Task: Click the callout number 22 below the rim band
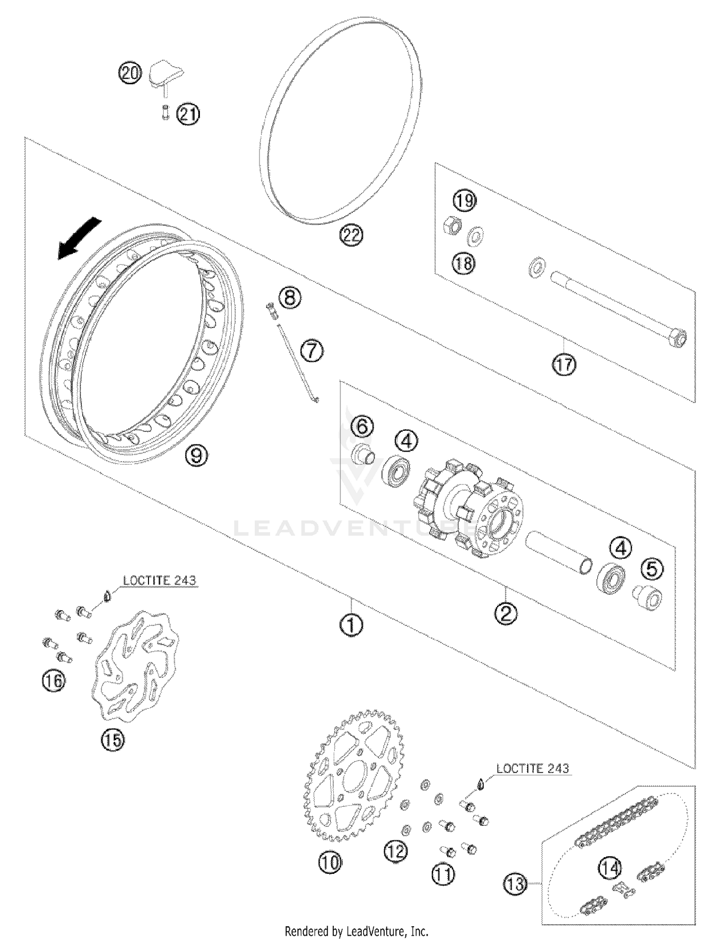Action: pos(351,236)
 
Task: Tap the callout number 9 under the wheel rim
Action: pos(196,456)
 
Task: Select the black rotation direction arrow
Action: pos(79,239)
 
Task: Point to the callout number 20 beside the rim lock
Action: pos(129,73)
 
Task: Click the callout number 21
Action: pos(188,114)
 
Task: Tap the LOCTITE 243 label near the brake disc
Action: pos(159,581)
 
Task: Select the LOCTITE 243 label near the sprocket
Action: pos(532,768)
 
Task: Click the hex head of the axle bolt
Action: pos(680,337)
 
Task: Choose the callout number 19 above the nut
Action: pos(465,200)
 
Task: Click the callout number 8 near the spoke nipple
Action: pos(290,298)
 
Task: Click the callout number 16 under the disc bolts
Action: pos(53,681)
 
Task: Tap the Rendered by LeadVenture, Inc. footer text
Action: pos(356,931)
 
